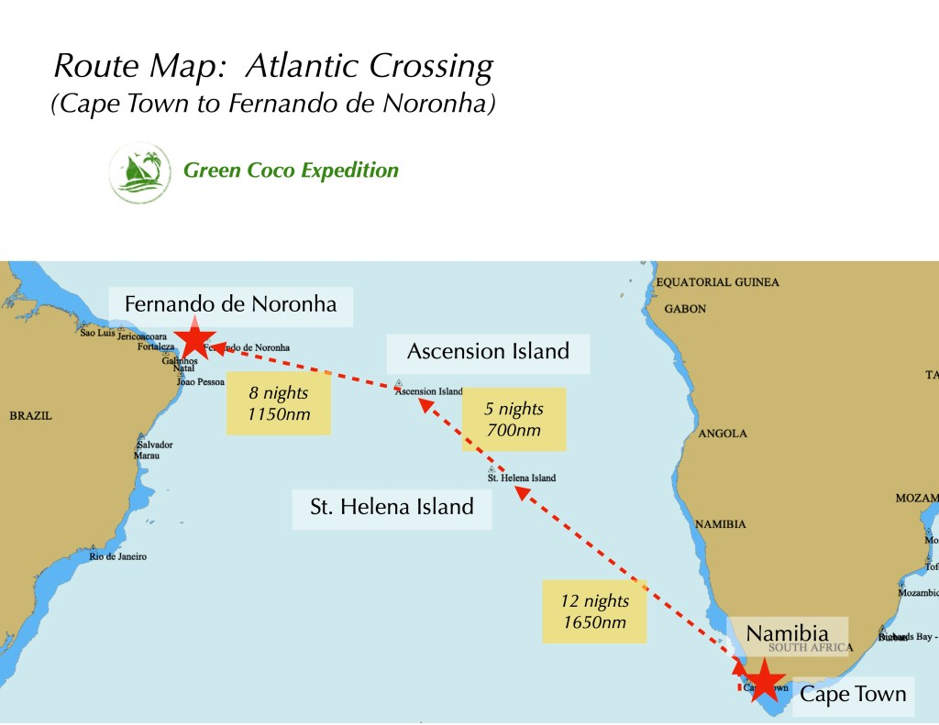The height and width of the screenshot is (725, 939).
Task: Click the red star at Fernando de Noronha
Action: (x=194, y=338)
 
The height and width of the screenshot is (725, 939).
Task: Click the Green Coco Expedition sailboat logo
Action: (x=139, y=171)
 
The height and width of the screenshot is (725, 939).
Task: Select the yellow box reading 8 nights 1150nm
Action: (x=278, y=403)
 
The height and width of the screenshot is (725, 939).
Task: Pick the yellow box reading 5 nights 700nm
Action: (x=514, y=419)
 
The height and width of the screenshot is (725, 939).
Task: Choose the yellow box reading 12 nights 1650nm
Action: (x=595, y=611)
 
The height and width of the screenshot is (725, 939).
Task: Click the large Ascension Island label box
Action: (x=488, y=351)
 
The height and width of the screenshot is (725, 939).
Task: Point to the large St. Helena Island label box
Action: (x=392, y=506)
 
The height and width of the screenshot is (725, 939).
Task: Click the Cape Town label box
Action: (x=853, y=694)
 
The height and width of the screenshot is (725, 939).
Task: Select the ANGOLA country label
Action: (x=723, y=434)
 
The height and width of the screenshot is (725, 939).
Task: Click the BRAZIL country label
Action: (x=31, y=416)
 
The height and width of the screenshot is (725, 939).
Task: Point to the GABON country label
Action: (x=685, y=309)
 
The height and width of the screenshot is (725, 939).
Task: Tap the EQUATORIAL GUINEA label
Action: (x=718, y=282)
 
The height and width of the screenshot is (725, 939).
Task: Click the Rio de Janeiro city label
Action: (x=117, y=556)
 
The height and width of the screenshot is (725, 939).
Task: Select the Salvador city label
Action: (x=154, y=445)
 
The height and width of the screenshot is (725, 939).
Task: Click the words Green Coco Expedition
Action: (x=291, y=170)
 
